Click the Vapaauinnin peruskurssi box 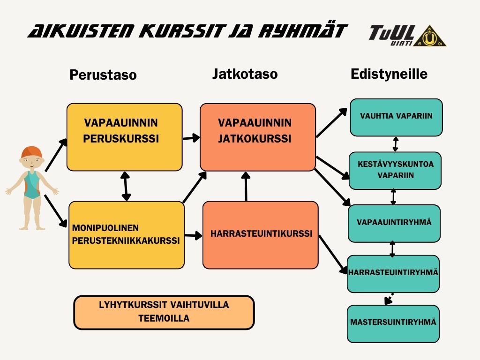124,137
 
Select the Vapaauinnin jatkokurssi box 258,137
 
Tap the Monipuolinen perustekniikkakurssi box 126,235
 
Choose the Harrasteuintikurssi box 261,235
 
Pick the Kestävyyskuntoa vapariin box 395,170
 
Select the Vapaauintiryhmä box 394,223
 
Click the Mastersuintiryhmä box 393,323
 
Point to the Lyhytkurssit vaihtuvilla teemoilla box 164,312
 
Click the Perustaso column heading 103,75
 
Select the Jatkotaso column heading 245,74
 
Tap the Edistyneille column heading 389,74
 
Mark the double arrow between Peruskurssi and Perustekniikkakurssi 125,186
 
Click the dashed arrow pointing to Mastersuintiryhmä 389,299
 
